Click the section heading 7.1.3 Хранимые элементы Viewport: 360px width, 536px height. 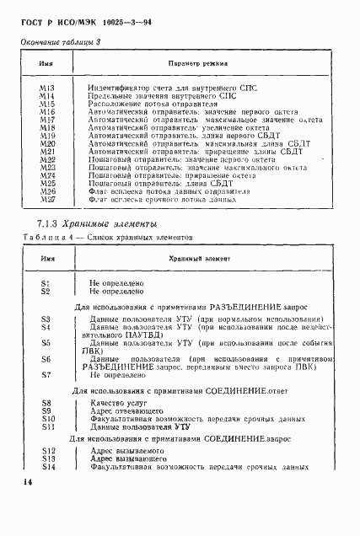[98, 224]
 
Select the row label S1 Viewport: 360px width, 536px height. [46, 284]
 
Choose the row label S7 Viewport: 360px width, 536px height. [46, 374]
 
